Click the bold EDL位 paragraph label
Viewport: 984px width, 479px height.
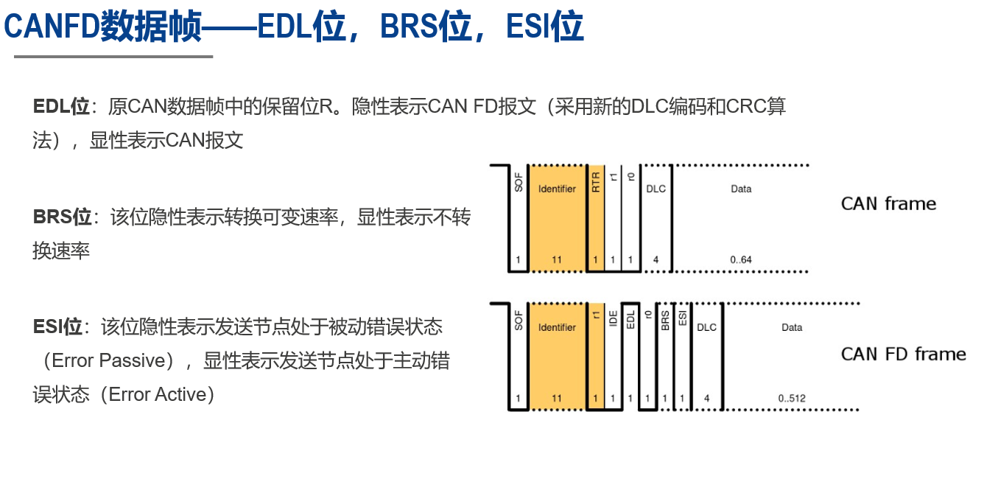click(x=61, y=106)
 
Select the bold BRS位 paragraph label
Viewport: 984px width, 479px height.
click(x=63, y=217)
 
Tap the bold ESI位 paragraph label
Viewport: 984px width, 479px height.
click(x=58, y=326)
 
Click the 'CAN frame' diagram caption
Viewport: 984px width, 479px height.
click(x=888, y=204)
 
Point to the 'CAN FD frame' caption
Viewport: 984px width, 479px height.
click(x=903, y=354)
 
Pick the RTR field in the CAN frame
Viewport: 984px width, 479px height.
click(x=596, y=183)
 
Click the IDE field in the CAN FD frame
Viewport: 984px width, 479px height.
click(x=613, y=319)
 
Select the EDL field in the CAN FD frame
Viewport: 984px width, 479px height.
click(x=630, y=319)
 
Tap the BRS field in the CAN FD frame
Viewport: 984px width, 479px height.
click(x=665, y=320)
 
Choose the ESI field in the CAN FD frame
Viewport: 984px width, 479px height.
click(x=682, y=319)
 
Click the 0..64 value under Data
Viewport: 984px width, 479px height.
click(x=741, y=259)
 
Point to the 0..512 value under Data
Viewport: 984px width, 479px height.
click(x=792, y=399)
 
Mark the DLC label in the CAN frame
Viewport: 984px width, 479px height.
click(x=656, y=189)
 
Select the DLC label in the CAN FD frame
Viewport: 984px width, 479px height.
click(x=706, y=327)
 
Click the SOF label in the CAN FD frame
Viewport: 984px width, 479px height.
click(x=519, y=320)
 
